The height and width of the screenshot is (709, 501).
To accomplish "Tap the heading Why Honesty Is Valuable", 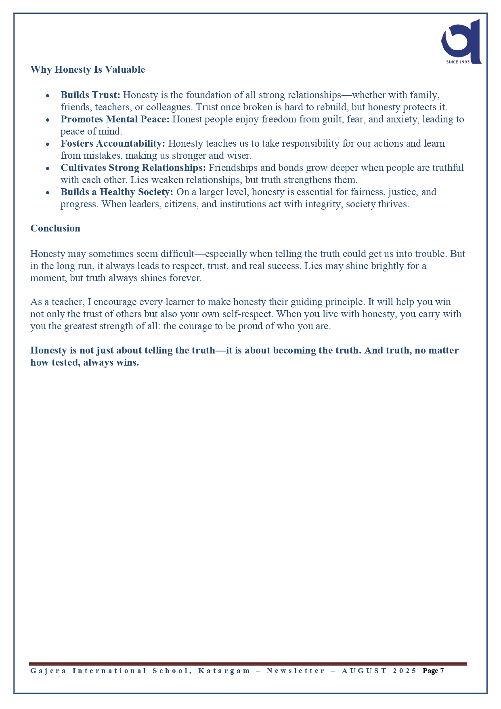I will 88,69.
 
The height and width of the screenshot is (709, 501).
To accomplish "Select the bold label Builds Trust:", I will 90,95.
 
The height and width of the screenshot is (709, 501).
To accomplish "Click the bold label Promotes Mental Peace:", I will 115,119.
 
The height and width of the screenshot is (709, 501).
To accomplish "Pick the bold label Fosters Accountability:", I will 113,143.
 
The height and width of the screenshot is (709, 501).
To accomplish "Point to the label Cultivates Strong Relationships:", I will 133,168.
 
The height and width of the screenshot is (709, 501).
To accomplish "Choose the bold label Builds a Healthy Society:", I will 117,192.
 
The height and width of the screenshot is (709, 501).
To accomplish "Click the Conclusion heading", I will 55,228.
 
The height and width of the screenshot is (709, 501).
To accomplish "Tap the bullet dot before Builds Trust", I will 48,96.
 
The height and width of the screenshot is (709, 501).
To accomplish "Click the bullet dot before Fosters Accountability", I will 48,144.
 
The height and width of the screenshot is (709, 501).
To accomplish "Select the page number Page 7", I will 433,671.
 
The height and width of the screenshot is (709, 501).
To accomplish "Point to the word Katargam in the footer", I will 224,671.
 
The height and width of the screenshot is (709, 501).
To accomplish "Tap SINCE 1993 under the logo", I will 458,62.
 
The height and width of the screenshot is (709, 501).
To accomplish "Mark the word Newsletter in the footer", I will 296,671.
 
